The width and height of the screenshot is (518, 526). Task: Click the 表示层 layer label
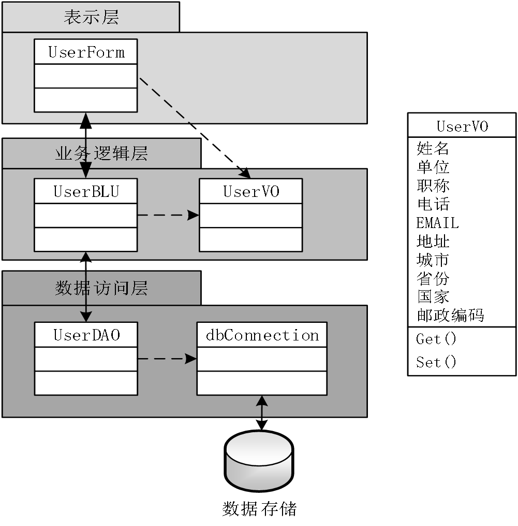coord(91,17)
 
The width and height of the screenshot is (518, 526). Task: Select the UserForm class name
coord(86,52)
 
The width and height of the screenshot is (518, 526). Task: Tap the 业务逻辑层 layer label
coord(101,153)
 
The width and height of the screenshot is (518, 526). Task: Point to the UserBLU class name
coord(86,191)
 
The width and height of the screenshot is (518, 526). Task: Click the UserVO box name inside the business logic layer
coord(251,191)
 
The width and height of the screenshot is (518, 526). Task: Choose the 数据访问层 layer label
coord(101,288)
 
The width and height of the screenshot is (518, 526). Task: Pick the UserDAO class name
coord(86,335)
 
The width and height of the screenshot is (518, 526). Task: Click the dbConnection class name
coord(262,335)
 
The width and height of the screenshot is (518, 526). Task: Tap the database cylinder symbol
coord(259,461)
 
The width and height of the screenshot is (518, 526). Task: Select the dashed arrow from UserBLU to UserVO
coord(168,216)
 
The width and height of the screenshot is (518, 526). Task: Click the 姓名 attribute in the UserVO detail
coord(433,149)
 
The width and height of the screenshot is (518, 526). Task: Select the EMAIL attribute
coord(437,223)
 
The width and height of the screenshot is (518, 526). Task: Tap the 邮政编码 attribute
coord(450,315)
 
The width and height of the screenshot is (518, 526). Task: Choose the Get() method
coord(436,339)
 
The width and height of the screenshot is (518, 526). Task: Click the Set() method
coord(436,362)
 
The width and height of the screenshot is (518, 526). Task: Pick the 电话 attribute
coord(433,204)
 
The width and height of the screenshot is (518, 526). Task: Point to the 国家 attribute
coord(433,297)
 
